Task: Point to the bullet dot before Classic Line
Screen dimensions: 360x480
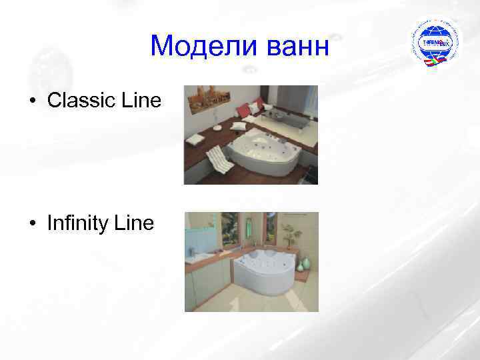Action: tap(32, 102)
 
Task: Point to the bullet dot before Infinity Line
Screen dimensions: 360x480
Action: tap(32, 224)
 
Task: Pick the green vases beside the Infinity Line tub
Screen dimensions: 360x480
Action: tap(301, 265)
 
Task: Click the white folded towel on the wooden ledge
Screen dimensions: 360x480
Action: tap(196, 139)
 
